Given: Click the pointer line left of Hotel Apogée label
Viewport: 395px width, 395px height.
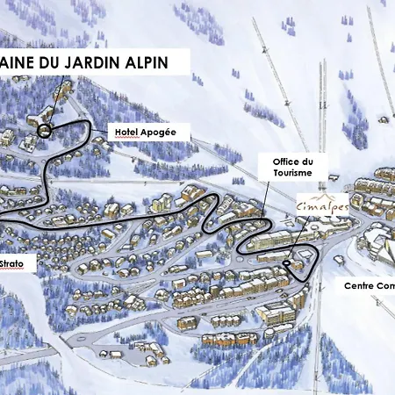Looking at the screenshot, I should tap(100, 133).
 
